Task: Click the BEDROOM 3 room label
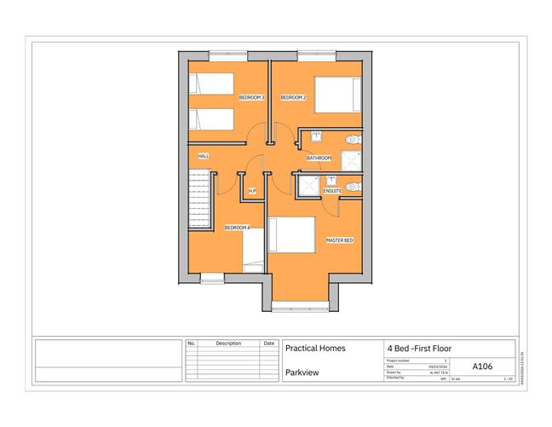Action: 251,98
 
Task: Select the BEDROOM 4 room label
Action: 237,228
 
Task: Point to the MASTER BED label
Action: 339,240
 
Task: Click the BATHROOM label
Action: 319,159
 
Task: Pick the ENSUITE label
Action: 332,191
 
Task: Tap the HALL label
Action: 204,156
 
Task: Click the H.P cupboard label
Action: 252,190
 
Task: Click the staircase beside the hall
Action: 199,195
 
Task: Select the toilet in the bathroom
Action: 352,140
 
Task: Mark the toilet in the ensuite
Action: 352,186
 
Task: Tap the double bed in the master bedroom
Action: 290,235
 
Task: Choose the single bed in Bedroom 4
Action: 253,248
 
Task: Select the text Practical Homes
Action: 315,349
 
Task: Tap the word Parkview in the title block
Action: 302,372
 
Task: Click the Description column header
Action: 228,343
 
